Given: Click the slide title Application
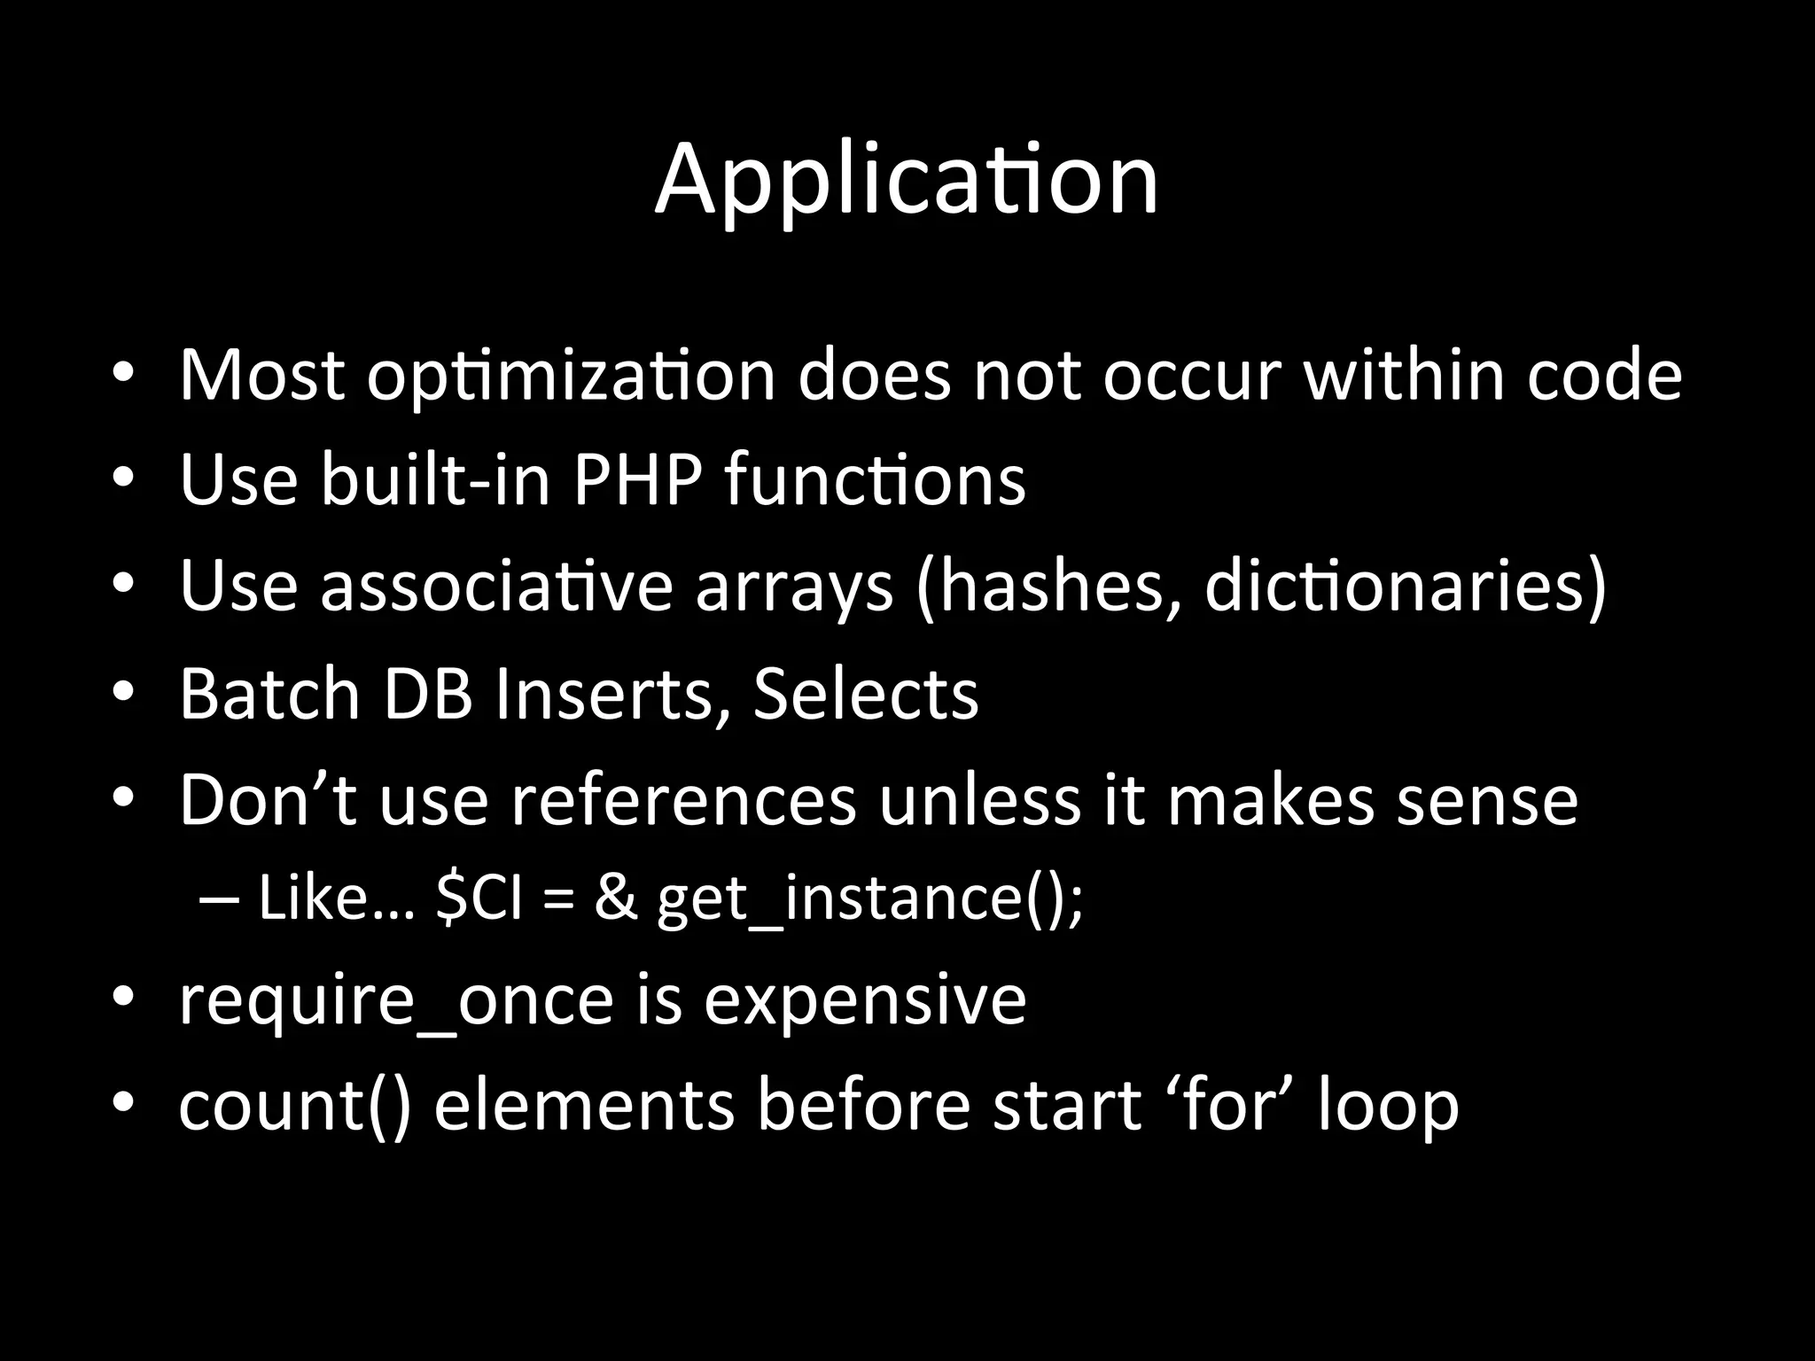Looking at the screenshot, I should coord(906,181).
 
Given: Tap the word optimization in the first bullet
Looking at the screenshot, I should coord(572,376).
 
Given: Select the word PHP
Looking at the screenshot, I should coord(637,480).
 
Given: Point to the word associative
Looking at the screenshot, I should coord(496,587).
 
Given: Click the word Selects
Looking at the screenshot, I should coord(866,693).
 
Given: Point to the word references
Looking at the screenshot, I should coord(684,800).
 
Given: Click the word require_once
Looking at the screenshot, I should coord(396,999).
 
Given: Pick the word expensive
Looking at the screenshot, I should coord(865,999).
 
